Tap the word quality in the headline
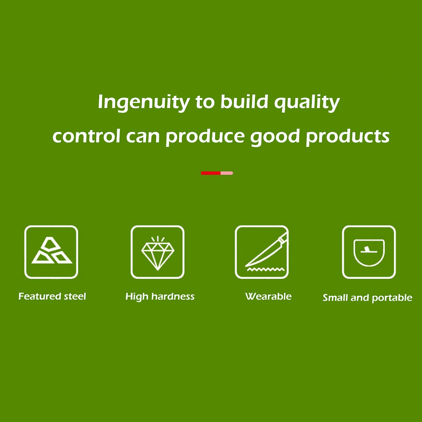pyautogui.click(x=307, y=102)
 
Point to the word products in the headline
pyautogui.click(x=348, y=136)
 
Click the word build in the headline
pyautogui.click(x=244, y=101)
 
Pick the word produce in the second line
pyautogui.click(x=205, y=137)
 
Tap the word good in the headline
pyautogui.click(x=275, y=137)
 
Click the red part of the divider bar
pyautogui.click(x=211, y=173)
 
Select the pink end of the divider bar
pyautogui.click(x=227, y=173)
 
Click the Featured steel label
pyautogui.click(x=52, y=296)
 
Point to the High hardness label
pyautogui.click(x=160, y=296)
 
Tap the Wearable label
pyautogui.click(x=268, y=296)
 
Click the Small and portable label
pyautogui.click(x=367, y=298)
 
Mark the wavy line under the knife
pyautogui.click(x=266, y=270)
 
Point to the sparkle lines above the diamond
pyautogui.click(x=158, y=239)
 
